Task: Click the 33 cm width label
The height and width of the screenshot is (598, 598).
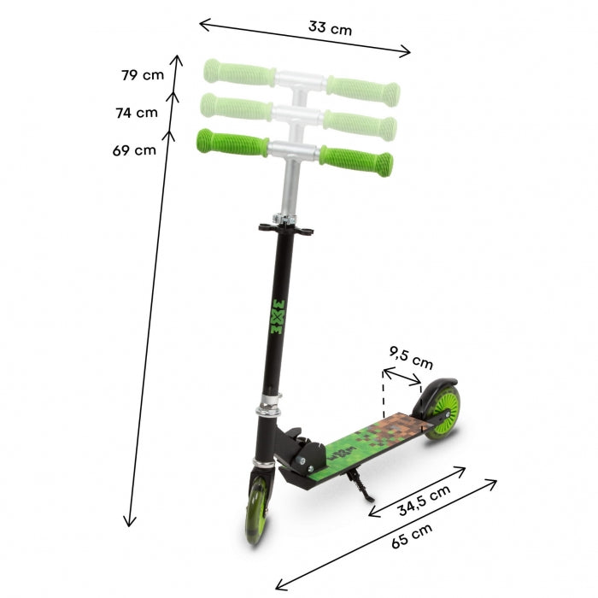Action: pyautogui.click(x=330, y=28)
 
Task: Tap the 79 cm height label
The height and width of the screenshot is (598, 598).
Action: pyautogui.click(x=143, y=75)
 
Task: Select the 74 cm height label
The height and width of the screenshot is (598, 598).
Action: pyautogui.click(x=137, y=112)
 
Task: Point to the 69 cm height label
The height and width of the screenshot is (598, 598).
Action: pyautogui.click(x=134, y=150)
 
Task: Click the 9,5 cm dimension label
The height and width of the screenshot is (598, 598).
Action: pyautogui.click(x=410, y=359)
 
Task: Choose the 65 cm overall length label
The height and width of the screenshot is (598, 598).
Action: pyautogui.click(x=411, y=536)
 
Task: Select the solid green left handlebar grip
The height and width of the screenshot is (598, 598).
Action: pyautogui.click(x=231, y=142)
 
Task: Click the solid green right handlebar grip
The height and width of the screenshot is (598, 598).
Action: pyautogui.click(x=357, y=159)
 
